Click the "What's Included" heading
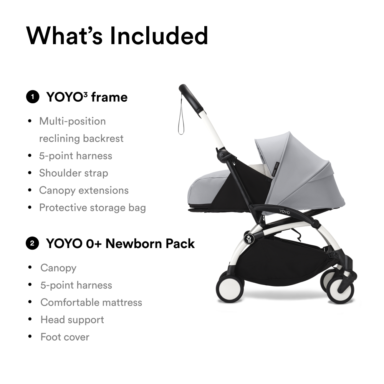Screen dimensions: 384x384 coord(117,36)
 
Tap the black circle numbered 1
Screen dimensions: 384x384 coord(33,97)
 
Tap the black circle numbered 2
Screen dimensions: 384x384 coord(32,243)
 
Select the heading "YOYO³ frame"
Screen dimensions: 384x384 coord(87,97)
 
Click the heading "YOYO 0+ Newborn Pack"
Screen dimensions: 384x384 coord(120,243)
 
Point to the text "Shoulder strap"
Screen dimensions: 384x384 coord(73,173)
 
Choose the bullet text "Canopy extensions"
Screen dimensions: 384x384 coord(84,190)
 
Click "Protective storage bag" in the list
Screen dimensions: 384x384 coord(92,208)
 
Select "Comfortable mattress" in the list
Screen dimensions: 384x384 coord(91,302)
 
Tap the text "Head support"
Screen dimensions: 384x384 coord(72,319)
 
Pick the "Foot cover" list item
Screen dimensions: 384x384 coord(65,337)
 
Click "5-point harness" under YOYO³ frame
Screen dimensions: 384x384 coord(75,156)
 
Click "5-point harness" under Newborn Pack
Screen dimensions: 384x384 coord(76,285)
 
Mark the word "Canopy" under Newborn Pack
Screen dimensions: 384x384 coord(58,268)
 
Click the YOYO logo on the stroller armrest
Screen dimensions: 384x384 coord(285,212)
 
